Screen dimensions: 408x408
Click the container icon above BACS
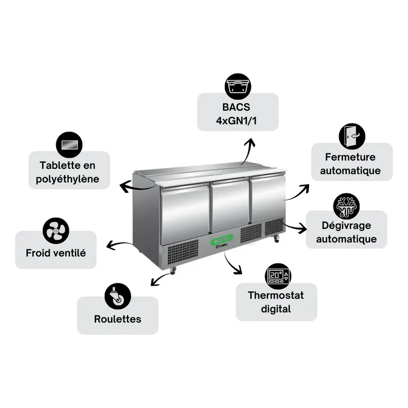[x=238, y=87]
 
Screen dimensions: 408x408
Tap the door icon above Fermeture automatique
[x=352, y=136]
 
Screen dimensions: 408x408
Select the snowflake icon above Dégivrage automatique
[x=346, y=206]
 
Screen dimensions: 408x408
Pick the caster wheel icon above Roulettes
[x=118, y=296]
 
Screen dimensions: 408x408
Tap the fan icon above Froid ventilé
[x=56, y=231]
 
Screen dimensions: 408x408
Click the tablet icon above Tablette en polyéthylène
[x=69, y=145]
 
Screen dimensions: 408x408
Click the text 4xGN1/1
[x=236, y=121]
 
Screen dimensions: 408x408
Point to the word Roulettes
[x=118, y=319]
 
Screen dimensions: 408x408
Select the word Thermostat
[x=276, y=295]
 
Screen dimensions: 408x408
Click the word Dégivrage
[x=346, y=225]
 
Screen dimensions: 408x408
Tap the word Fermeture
[x=350, y=157]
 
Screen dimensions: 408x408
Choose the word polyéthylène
[x=68, y=180]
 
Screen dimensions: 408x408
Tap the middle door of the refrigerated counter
[x=230, y=206]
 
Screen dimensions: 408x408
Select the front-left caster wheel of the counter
[x=173, y=271]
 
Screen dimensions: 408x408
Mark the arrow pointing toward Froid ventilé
[x=120, y=245]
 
